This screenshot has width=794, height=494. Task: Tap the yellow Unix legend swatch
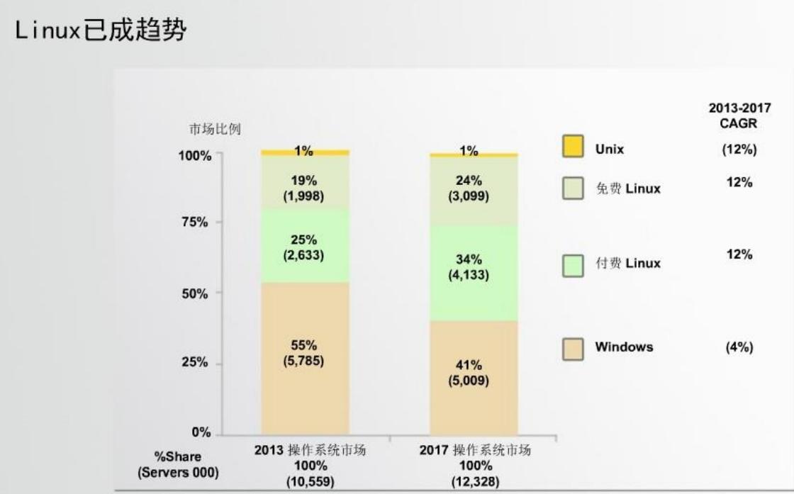coord(573,147)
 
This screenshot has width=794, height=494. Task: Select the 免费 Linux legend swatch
coord(573,189)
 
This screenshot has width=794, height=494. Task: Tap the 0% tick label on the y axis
coord(201,432)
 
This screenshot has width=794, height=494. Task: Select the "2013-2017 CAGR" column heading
coord(739,116)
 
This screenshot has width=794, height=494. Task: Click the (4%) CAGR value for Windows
coord(739,347)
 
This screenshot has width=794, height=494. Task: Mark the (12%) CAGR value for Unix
coord(739,150)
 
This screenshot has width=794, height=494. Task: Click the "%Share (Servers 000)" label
coord(179,464)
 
